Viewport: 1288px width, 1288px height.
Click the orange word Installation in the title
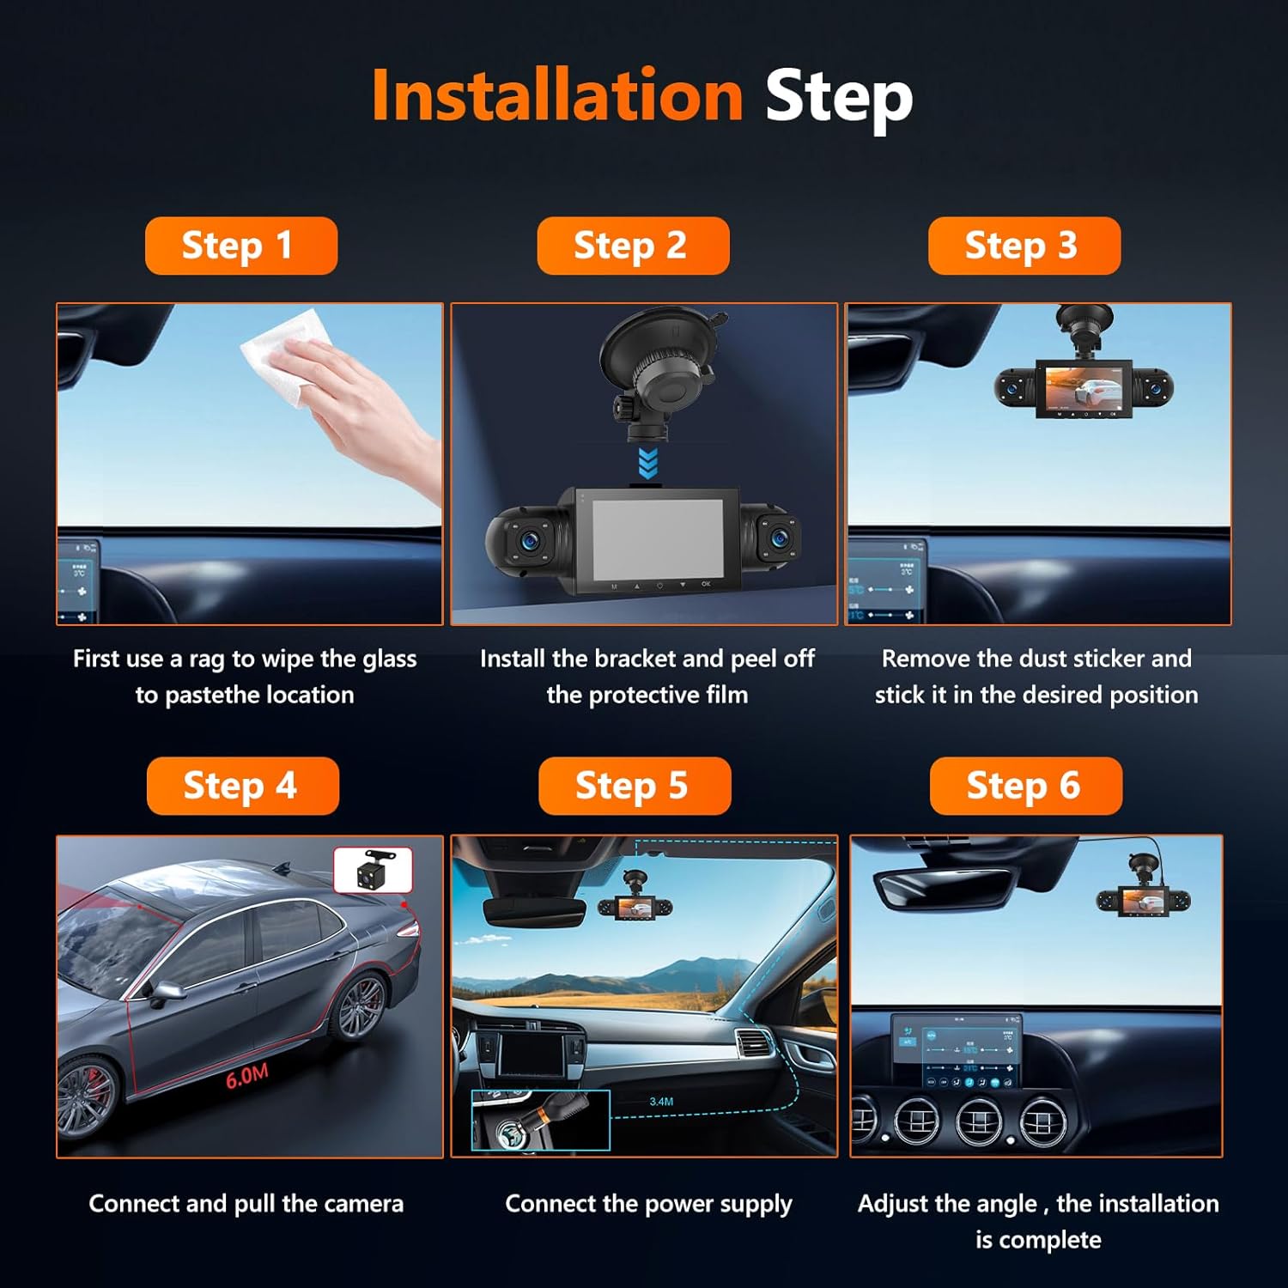[x=556, y=95]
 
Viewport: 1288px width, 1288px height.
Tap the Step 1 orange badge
[x=240, y=246]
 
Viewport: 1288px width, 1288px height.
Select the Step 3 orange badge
[x=1024, y=246]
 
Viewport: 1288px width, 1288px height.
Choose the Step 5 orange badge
[x=634, y=786]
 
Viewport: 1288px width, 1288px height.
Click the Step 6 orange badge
[x=1025, y=786]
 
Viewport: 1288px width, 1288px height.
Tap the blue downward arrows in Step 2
[x=648, y=463]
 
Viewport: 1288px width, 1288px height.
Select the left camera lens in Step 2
[x=527, y=540]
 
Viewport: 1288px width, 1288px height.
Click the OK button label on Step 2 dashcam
[x=706, y=584]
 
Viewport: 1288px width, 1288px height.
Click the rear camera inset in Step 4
[x=373, y=870]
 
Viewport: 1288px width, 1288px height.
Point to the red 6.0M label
[x=247, y=1076]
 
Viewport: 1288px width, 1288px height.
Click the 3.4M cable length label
[x=661, y=1102]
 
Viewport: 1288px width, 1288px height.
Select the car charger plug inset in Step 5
[x=540, y=1120]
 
